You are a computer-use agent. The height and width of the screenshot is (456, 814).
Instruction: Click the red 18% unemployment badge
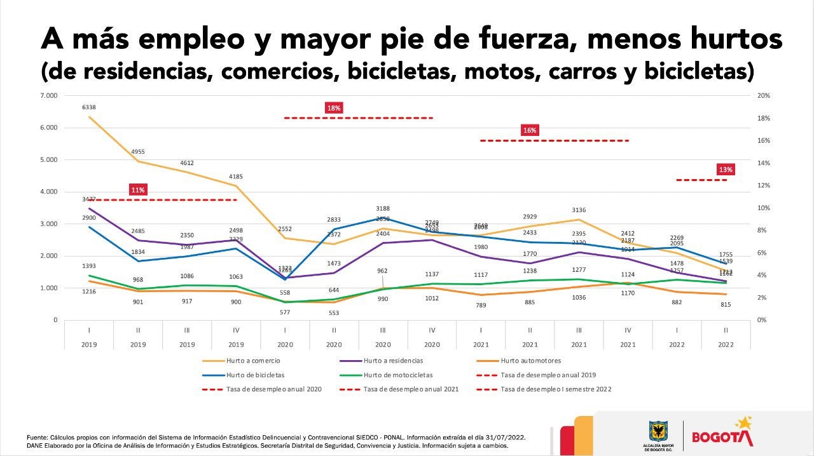pyautogui.click(x=334, y=108)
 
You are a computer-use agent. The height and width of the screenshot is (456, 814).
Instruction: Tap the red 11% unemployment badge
pyautogui.click(x=138, y=189)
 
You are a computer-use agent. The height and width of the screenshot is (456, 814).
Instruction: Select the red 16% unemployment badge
pyautogui.click(x=530, y=130)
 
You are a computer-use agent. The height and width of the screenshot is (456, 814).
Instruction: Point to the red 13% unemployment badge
pyautogui.click(x=726, y=170)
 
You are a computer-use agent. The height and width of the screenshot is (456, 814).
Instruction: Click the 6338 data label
pyautogui.click(x=88, y=107)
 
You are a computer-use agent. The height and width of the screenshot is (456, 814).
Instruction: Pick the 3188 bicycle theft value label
pyautogui.click(x=382, y=208)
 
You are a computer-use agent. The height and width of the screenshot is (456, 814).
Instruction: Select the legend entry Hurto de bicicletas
pyautogui.click(x=254, y=375)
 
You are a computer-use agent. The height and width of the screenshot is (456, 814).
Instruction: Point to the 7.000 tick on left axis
pyautogui.click(x=49, y=96)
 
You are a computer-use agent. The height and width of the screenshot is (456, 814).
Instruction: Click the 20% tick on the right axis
pyautogui.click(x=763, y=96)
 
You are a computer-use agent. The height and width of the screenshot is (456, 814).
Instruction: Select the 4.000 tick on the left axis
pyautogui.click(x=49, y=192)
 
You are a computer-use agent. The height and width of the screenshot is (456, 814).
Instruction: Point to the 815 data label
pyautogui.click(x=726, y=305)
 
